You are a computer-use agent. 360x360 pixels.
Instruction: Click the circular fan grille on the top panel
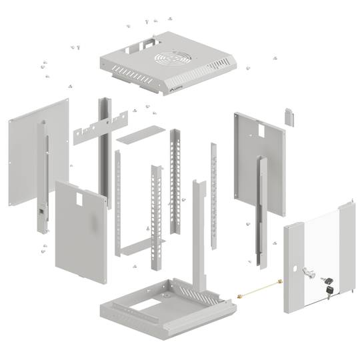click(x=172, y=59)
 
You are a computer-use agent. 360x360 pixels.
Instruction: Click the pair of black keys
click(x=327, y=285)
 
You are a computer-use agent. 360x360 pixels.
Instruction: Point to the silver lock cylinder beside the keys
click(x=307, y=272)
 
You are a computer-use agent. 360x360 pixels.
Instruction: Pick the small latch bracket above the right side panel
click(x=289, y=115)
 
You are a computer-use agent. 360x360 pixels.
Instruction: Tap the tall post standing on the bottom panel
click(x=198, y=233)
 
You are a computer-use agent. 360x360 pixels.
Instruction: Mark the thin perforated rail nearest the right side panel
click(x=213, y=187)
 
